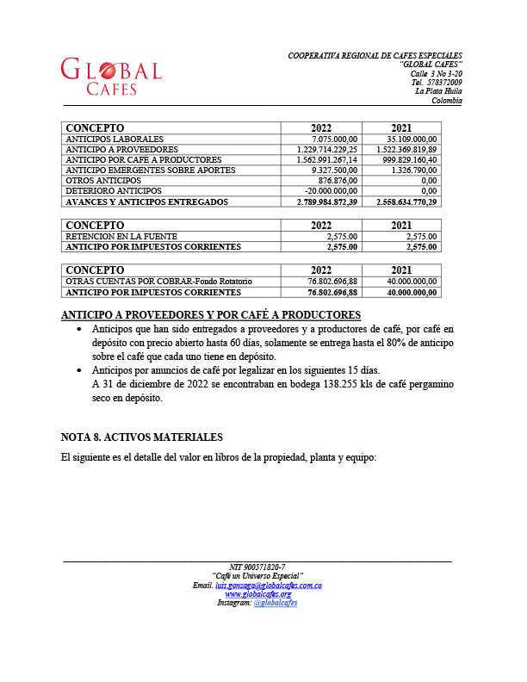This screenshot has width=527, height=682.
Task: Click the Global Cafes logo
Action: pos(111,77)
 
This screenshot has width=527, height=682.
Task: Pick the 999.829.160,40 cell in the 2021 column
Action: pos(405,159)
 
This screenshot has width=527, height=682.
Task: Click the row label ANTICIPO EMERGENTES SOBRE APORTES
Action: pos(151,170)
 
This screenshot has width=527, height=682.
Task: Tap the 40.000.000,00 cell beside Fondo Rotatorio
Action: pos(406,281)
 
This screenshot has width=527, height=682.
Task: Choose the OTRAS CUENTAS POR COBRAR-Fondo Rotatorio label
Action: pos(159,281)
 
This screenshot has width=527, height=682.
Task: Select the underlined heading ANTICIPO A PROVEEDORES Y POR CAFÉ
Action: pos(211,314)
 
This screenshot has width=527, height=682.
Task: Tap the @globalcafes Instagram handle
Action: pos(276,603)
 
